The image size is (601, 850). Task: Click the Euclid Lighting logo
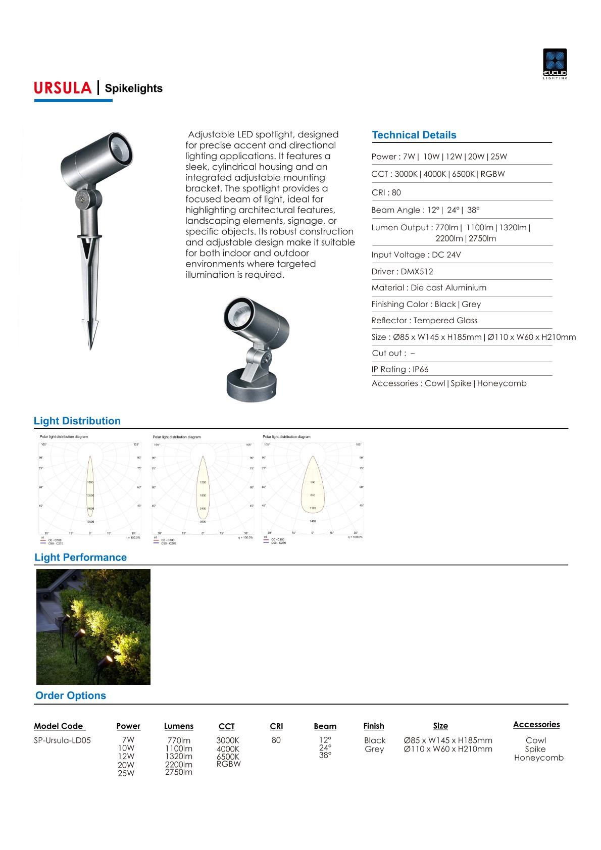555,64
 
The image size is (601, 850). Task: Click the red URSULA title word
63,88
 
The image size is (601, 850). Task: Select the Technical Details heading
414,135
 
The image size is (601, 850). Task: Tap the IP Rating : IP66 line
399,369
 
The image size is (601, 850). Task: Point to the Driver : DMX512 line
402,272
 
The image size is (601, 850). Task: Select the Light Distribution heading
77,421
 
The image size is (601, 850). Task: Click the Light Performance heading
80,558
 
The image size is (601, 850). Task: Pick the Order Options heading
71,695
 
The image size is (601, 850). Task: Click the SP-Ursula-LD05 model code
62,740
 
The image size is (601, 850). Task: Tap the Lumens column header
178,726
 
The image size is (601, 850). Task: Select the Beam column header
325,726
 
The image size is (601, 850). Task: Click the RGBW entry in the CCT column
228,764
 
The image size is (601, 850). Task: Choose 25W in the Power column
126,773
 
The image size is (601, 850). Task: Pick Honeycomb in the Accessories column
538,758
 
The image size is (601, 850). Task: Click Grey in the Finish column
374,749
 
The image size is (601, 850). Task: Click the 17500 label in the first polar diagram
90,522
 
